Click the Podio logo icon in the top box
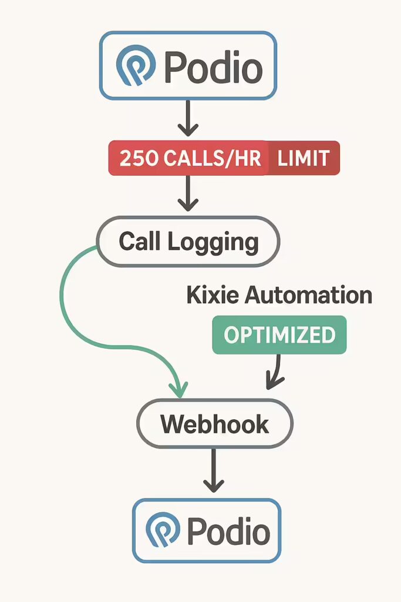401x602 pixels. pos(136,65)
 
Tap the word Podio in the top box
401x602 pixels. pos(213,68)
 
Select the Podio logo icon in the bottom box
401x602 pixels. pos(163,530)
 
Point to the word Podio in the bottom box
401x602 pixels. pos(228,531)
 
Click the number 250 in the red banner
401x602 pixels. pos(139,158)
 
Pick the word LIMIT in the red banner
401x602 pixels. pos(303,158)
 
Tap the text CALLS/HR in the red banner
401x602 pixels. pos(213,158)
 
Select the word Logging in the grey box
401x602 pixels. pos(213,243)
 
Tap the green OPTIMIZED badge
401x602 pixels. pos(279,335)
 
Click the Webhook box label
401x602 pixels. pos(215,424)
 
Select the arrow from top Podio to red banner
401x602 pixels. pos(188,118)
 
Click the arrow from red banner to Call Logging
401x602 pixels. pos(188,193)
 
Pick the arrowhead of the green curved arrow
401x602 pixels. pos(179,389)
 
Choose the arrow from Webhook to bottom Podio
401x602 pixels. pos(214,471)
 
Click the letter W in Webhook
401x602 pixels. pos(173,424)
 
